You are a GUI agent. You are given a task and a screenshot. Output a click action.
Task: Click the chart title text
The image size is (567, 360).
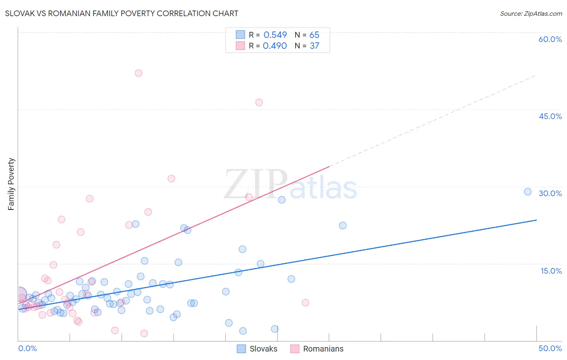[121, 13]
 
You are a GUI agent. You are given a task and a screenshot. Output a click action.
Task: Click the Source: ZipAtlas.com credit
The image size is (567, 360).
[531, 13]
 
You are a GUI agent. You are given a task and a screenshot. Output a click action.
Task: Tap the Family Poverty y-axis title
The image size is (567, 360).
[11, 184]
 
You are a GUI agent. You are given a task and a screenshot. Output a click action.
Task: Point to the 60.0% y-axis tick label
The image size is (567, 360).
[550, 39]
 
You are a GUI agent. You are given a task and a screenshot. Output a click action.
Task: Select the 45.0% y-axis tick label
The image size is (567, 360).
[550, 116]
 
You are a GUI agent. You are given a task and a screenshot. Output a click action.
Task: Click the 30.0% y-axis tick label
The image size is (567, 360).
[550, 193]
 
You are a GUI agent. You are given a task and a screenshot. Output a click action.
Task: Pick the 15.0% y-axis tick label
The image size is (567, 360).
[551, 271]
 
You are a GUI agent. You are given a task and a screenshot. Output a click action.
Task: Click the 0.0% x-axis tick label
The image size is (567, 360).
[27, 348]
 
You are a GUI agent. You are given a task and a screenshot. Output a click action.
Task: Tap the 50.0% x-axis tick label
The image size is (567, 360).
[550, 348]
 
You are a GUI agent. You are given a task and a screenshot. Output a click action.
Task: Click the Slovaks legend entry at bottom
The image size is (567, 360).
[257, 349]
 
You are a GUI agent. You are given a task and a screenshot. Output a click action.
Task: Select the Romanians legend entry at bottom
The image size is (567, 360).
[317, 349]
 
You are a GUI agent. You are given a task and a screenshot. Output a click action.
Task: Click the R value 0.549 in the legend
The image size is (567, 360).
[275, 35]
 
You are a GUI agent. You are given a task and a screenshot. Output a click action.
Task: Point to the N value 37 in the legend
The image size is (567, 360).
[314, 46]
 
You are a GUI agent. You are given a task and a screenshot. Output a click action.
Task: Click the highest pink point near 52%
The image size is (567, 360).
[138, 73]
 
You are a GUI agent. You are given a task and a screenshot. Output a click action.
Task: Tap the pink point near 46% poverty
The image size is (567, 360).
[259, 103]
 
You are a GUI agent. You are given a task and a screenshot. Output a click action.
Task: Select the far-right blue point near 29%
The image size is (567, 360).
[527, 192]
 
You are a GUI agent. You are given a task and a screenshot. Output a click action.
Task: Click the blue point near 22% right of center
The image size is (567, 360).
[342, 226]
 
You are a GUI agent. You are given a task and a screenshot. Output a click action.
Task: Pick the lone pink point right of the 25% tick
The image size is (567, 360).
[305, 303]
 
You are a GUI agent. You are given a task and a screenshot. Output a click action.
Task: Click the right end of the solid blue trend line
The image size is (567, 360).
[536, 220]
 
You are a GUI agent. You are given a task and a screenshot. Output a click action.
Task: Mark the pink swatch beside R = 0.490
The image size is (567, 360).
[240, 46]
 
